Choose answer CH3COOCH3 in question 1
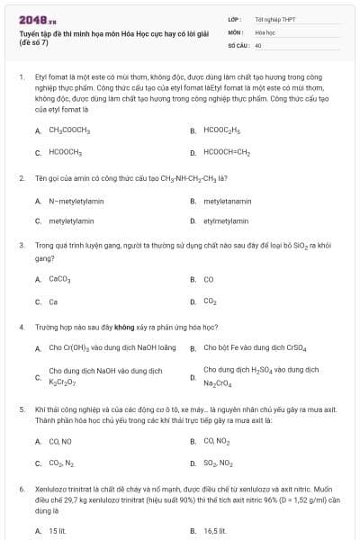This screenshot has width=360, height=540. [x=69, y=130]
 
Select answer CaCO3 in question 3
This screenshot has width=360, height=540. [x=59, y=279]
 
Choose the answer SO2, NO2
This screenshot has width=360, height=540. [x=218, y=463]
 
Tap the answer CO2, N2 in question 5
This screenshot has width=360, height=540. [x=61, y=463]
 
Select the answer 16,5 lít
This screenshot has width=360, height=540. [x=216, y=531]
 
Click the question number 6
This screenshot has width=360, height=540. [x=21, y=488]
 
